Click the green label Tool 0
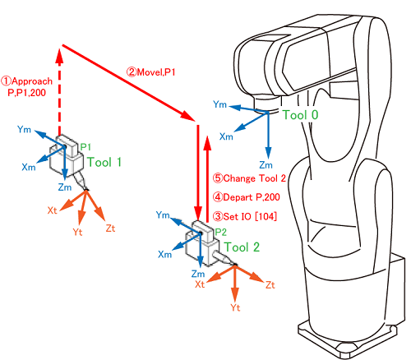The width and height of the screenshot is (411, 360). point(300,115)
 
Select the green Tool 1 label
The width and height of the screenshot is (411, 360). point(104,162)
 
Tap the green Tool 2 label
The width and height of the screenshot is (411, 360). point(242,247)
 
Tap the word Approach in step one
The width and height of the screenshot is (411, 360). point(32,81)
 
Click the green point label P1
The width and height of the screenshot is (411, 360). point(85,147)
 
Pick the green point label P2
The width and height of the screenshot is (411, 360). point(221,232)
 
